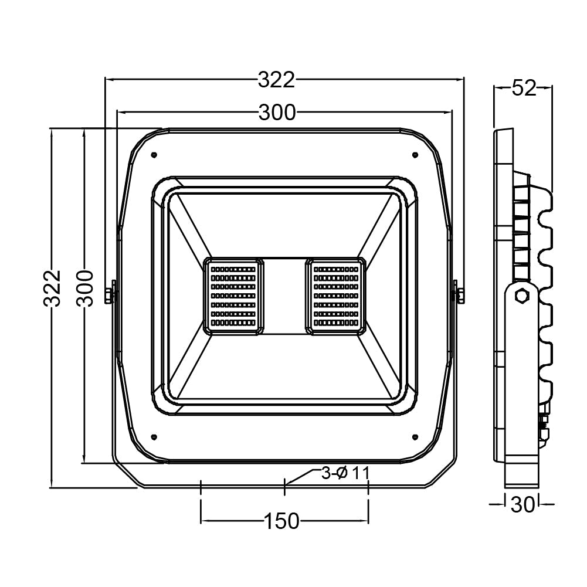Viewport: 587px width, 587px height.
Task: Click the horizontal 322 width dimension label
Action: pos(276,80)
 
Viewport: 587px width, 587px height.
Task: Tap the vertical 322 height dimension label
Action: pos(53,289)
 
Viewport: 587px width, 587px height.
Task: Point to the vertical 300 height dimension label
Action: pos(86,289)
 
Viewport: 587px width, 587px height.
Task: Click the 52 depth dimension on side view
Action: pos(524,89)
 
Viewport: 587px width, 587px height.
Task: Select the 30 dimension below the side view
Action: pos(522,504)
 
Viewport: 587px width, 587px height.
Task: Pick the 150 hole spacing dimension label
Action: pos(281,521)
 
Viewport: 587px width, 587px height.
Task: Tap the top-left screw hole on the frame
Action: pos(153,155)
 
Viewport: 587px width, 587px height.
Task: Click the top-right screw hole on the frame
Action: pos(415,155)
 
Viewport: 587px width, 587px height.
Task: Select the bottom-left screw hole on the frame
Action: pos(153,436)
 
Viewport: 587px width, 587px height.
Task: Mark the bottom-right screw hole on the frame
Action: pos(415,436)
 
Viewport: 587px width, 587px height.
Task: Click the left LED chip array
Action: pos(233,296)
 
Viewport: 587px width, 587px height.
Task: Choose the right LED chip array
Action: pos(335,296)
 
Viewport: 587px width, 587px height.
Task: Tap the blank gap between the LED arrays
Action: pos(284,296)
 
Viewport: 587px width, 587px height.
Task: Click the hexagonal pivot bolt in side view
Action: pos(521,296)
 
